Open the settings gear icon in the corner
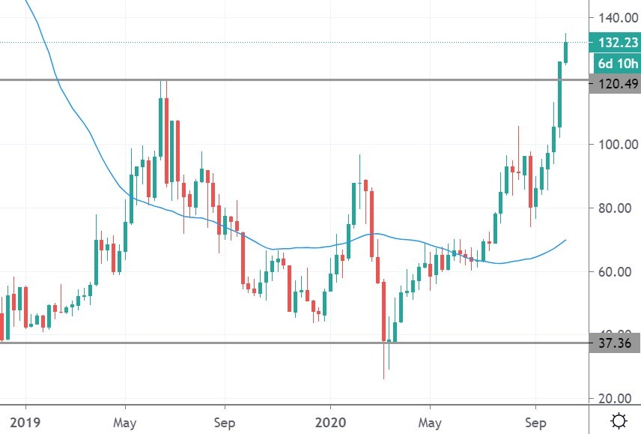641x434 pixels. (619, 421)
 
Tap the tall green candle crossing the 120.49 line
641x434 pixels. (559, 94)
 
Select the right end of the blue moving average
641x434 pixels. (565, 240)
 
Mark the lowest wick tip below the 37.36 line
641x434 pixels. (384, 378)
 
